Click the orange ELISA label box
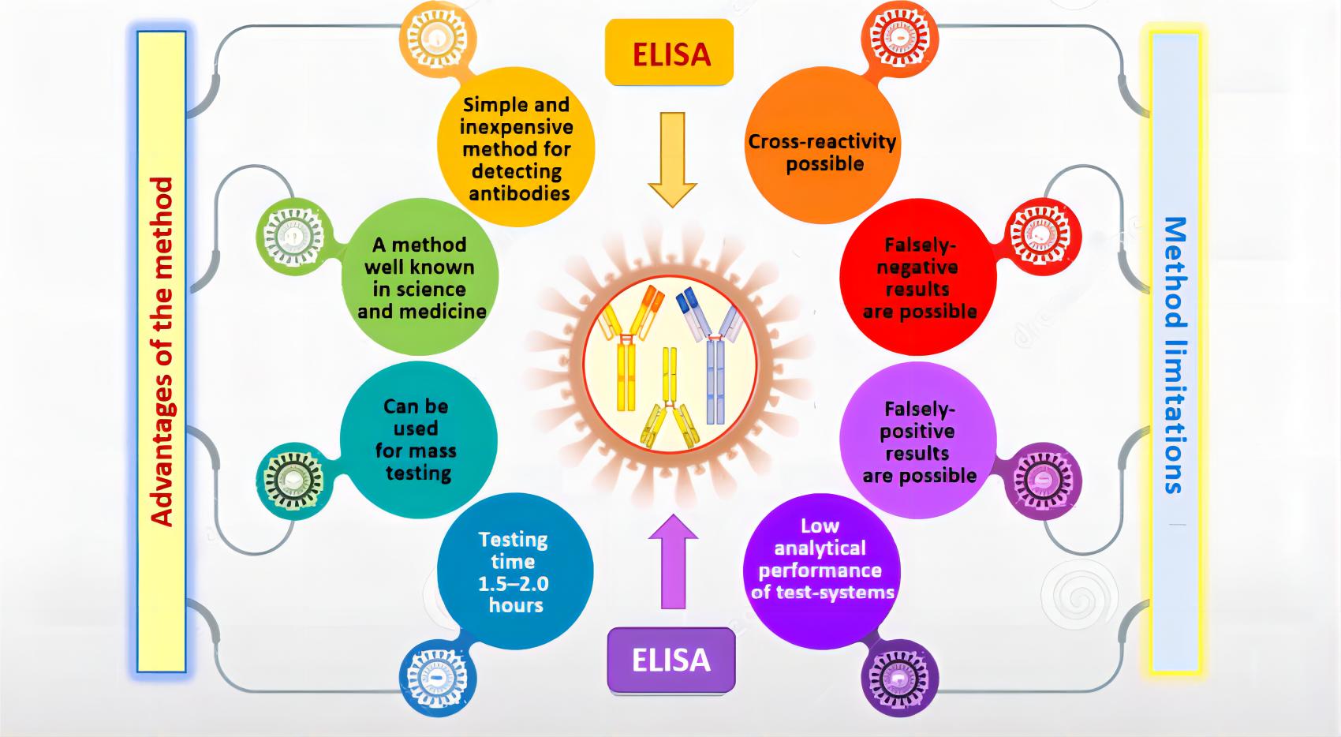[x=669, y=53]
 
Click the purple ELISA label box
[x=670, y=660]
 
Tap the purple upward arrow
[x=673, y=561]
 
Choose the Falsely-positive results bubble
[x=918, y=441]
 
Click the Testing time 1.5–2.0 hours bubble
[x=514, y=573]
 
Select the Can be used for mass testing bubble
[x=418, y=440]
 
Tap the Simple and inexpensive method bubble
[x=516, y=148]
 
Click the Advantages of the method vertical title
[x=162, y=352]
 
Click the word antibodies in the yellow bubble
[x=519, y=193]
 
